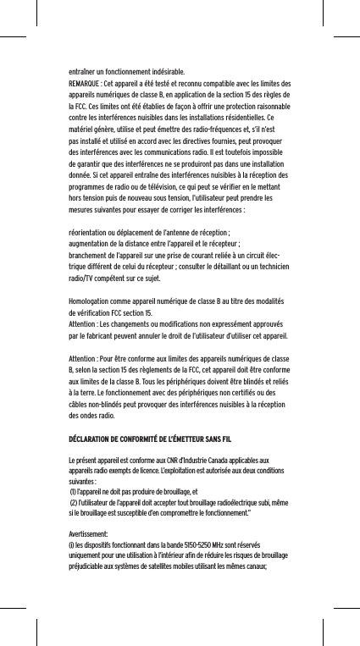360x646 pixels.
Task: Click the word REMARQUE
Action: pos(84,85)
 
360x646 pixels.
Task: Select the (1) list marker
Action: pos(74,489)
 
